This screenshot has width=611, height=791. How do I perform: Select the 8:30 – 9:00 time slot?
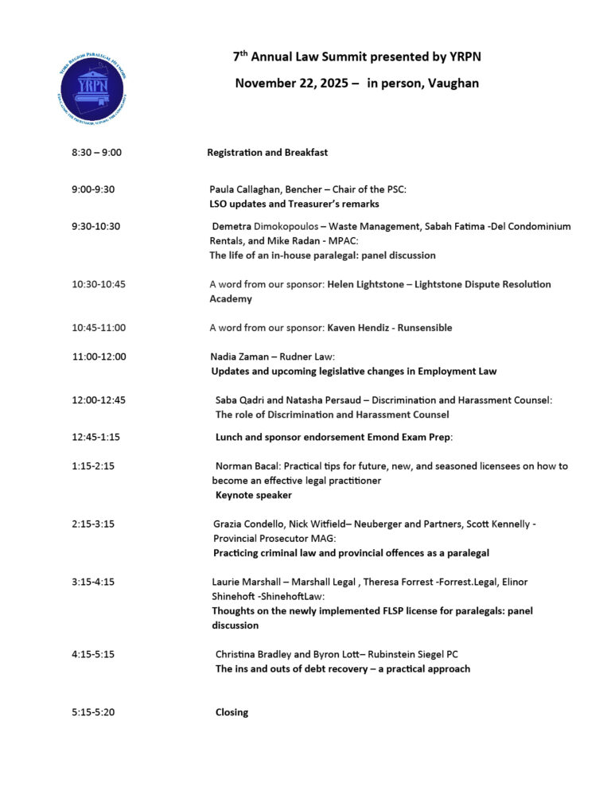coord(96,152)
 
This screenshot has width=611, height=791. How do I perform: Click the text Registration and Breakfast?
coord(267,152)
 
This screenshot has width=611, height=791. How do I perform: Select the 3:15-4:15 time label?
coord(93,582)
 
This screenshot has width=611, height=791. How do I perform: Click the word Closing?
coord(232,712)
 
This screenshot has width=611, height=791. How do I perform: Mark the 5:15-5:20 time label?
coord(93,712)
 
